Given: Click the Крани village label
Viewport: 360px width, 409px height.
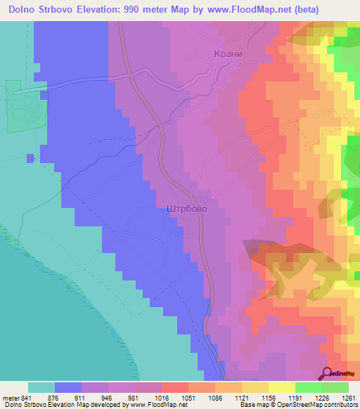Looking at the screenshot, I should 228,53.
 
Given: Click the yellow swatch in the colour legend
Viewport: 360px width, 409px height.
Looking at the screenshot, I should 281,387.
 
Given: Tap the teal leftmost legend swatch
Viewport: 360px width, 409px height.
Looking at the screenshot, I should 41,387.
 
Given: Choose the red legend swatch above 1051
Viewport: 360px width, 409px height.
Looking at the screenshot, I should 174,387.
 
